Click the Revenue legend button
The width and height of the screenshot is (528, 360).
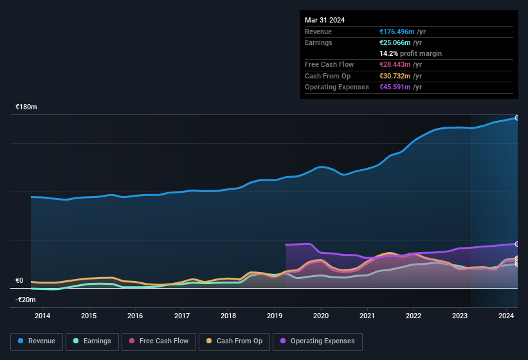(x=37, y=341)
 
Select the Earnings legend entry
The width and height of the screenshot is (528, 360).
(x=92, y=341)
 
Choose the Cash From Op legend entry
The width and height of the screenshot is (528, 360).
(x=235, y=341)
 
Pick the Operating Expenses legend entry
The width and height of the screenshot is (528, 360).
(x=318, y=341)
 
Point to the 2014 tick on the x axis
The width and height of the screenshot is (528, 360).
(x=42, y=316)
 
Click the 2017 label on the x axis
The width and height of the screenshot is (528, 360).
(x=182, y=316)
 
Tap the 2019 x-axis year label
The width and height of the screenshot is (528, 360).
(x=275, y=316)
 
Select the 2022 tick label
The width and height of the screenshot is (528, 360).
(x=414, y=316)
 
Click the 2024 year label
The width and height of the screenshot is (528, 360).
(x=506, y=316)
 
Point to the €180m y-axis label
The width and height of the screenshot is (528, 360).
(x=26, y=107)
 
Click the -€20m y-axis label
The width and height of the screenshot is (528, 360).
(x=26, y=300)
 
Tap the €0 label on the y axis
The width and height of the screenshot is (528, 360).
(x=19, y=281)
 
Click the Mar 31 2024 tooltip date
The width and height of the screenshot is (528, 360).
(x=325, y=20)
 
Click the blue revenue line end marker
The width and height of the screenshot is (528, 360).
(x=517, y=118)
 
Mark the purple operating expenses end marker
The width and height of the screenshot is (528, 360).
(x=517, y=244)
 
